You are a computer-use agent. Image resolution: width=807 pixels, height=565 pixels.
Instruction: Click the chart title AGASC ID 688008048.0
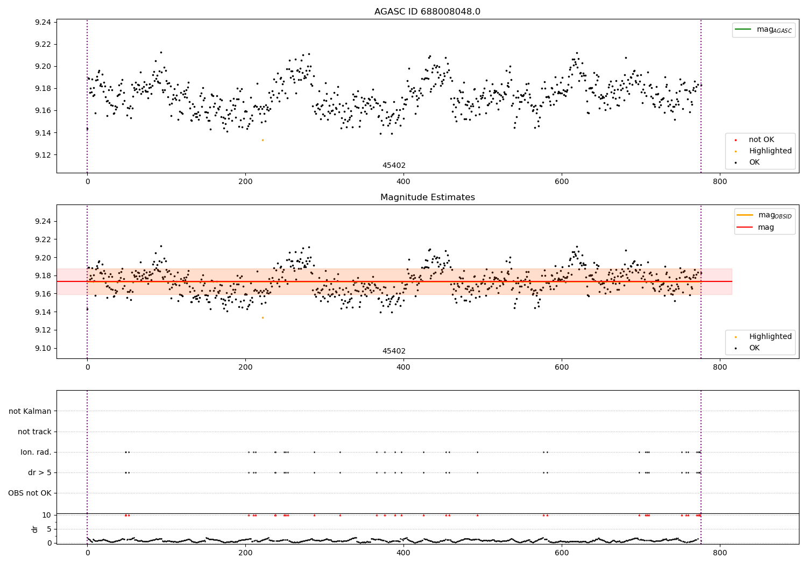(427, 12)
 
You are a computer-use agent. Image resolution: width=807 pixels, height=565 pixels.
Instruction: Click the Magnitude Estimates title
(427, 197)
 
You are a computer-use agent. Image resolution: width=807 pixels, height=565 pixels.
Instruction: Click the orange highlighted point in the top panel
(263, 140)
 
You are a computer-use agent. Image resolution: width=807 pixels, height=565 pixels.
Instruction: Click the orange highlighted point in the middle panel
(263, 317)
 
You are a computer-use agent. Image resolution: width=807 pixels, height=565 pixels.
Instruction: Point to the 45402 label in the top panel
(394, 166)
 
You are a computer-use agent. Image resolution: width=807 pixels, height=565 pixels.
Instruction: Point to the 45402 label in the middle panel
(394, 351)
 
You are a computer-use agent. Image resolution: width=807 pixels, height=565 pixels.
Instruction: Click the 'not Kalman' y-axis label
(30, 411)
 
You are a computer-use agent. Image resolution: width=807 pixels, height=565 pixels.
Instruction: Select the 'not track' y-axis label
(34, 432)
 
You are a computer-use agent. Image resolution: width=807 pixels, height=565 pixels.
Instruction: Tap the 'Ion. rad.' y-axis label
(36, 452)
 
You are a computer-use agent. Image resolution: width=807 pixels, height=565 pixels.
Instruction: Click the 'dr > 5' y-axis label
(40, 472)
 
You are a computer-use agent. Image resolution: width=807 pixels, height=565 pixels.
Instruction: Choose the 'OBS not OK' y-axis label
(30, 493)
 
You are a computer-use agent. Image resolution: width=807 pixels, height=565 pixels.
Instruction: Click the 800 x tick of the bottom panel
(720, 552)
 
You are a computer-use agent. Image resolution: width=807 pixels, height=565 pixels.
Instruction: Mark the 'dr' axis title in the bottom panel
(35, 529)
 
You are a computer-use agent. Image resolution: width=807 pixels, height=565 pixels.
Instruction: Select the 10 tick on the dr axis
(47, 515)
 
